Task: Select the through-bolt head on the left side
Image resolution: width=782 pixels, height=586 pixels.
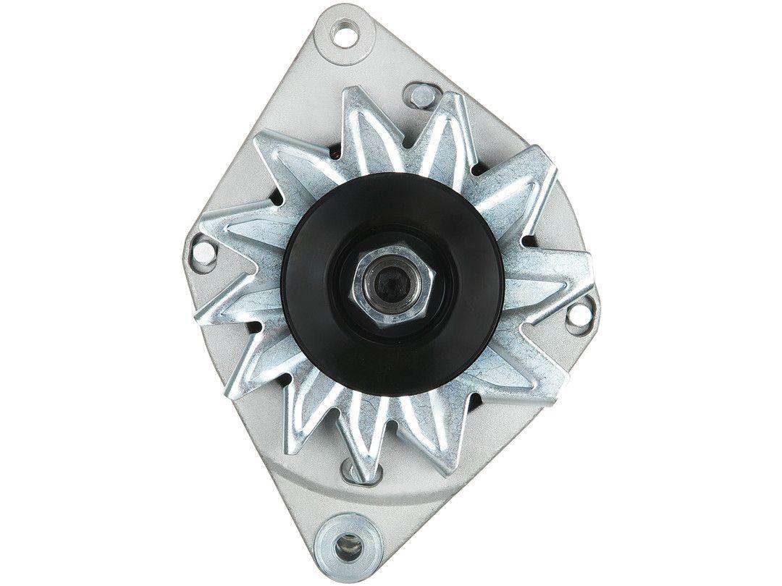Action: click(x=206, y=252)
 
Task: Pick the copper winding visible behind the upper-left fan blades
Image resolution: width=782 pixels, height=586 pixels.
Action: click(x=337, y=154)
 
